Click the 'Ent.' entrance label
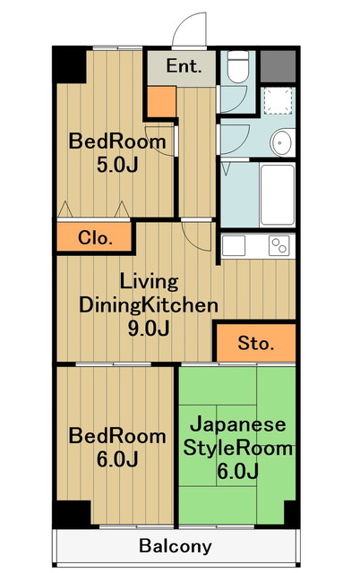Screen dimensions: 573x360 pos(184,65)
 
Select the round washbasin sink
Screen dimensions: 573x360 pos(283,141)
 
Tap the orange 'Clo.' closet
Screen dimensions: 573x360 pos(94,238)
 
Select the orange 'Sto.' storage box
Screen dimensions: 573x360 pos(255,343)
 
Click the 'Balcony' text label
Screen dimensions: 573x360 pos(176,545)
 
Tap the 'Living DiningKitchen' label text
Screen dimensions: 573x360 pos(148,294)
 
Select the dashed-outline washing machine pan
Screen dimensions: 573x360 pos(279,100)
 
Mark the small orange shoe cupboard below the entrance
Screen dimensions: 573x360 pos(161,102)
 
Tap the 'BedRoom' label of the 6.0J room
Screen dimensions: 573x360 pos(118,437)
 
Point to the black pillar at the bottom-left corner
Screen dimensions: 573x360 pos(71,513)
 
